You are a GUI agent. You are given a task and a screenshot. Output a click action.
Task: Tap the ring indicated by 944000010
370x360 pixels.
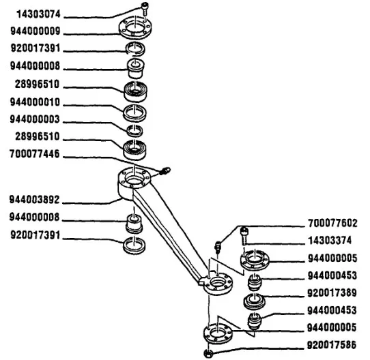pyautogui.click(x=136, y=110)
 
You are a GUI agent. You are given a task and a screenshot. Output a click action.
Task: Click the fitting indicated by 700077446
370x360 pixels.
pyautogui.click(x=165, y=169)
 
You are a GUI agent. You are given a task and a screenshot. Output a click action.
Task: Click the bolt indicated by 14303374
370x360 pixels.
pyautogui.click(x=245, y=235)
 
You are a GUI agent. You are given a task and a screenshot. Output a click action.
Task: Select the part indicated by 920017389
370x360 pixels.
pyautogui.click(x=254, y=301)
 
